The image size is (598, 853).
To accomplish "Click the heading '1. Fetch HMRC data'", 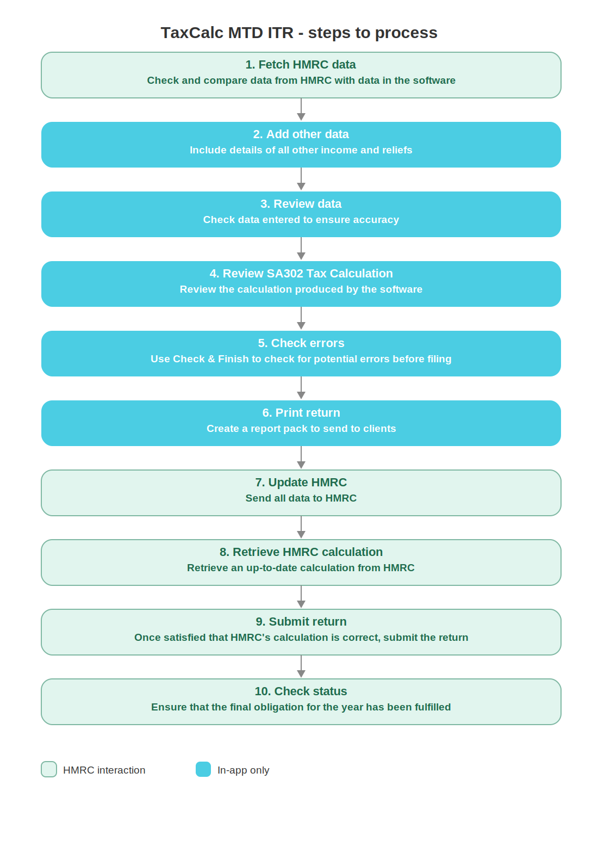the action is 300,65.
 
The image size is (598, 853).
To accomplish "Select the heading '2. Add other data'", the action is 301,134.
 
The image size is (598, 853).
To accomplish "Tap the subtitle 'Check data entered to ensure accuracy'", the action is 301,220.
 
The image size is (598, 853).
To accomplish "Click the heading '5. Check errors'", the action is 301,343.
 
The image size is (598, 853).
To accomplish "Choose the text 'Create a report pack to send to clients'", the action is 301,429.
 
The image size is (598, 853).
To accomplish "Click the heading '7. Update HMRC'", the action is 301,483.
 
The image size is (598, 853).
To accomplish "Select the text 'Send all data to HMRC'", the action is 301,498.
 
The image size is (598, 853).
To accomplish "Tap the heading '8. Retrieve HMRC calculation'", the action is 301,552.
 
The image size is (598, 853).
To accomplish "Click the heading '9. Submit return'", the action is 301,621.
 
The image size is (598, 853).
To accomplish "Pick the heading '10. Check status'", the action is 301,691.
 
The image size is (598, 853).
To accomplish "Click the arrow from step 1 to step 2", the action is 301,110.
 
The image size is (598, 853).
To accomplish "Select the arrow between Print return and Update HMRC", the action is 301,458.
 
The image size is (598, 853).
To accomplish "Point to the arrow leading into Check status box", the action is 301,666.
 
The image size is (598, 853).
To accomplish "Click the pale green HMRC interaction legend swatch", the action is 49,769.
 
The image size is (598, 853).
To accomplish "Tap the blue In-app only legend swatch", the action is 203,769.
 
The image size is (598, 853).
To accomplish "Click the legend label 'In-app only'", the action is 243,770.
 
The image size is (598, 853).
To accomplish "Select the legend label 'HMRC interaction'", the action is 104,770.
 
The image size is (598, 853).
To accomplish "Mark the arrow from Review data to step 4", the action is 301,249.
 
